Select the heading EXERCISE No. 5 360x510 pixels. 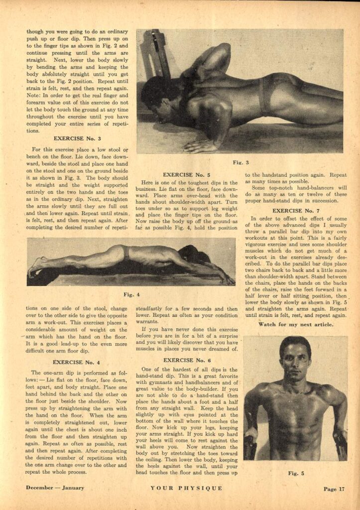(189, 175)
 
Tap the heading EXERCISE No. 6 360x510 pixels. (189, 360)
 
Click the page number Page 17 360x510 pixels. (334, 489)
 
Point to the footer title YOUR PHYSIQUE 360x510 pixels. (186, 489)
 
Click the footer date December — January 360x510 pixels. (55, 488)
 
